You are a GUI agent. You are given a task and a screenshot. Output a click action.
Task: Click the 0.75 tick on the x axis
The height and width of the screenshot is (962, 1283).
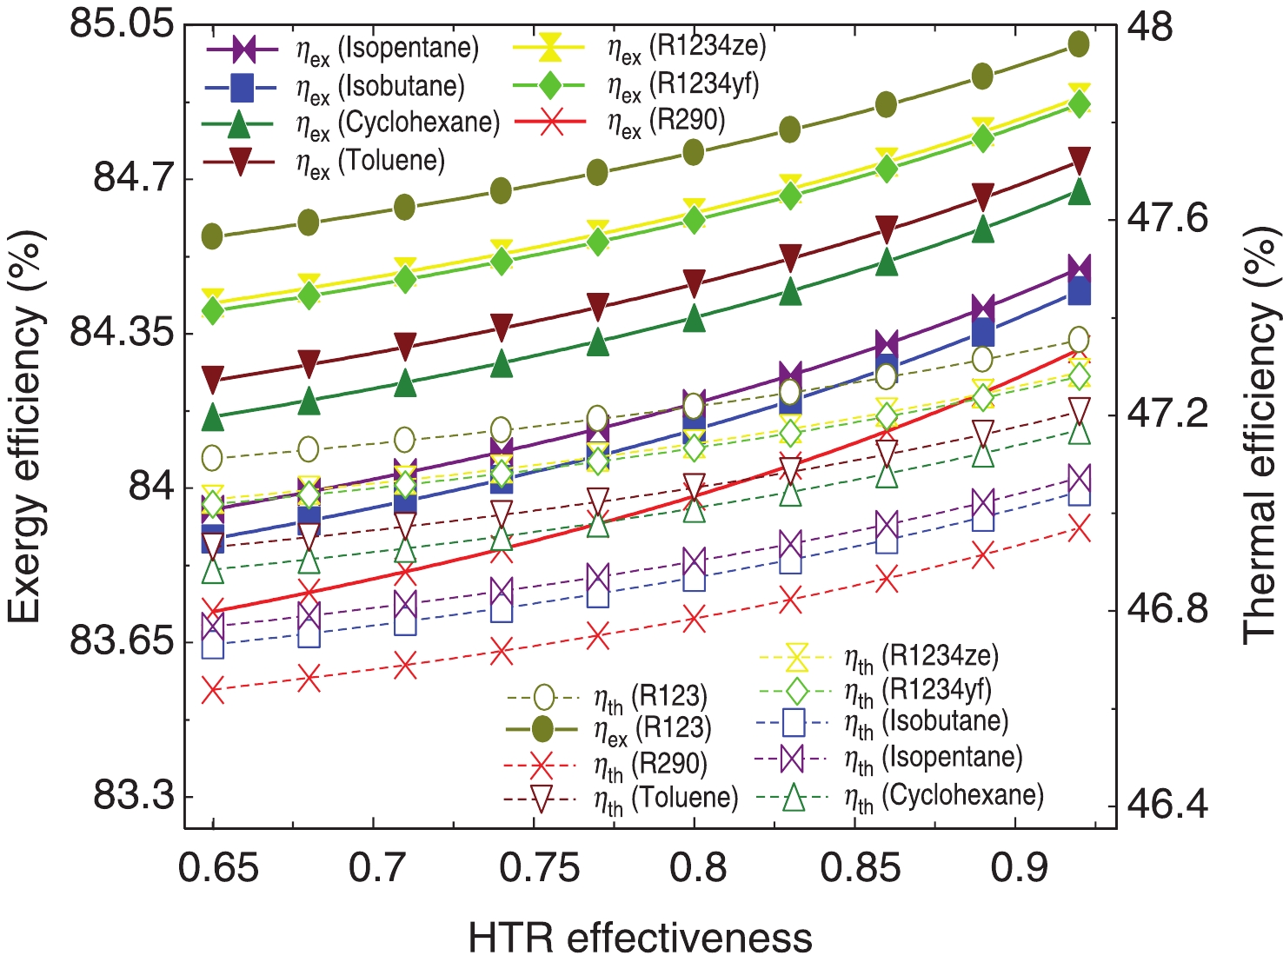(539, 867)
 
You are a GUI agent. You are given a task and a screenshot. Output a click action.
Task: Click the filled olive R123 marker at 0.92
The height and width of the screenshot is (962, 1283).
(1079, 44)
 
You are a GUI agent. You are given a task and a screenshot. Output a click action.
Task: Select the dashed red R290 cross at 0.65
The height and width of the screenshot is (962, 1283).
(213, 691)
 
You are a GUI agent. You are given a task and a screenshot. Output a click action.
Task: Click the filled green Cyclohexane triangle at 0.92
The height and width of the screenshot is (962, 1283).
(1079, 191)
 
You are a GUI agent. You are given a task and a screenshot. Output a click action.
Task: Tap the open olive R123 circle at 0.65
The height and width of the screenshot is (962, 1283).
(213, 458)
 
